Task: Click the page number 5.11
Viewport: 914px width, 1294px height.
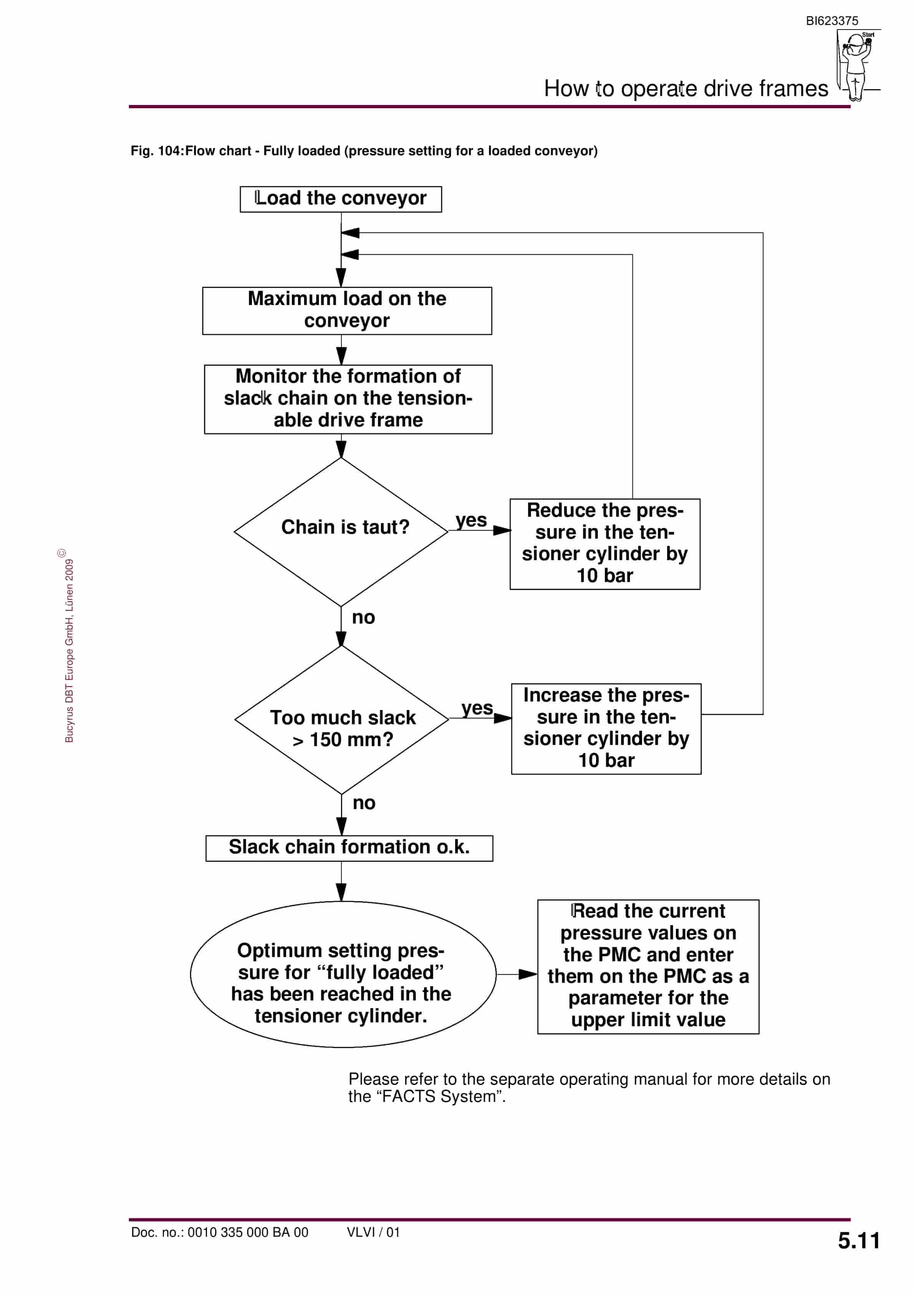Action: tap(858, 1241)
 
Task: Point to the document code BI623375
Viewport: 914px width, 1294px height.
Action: tap(832, 21)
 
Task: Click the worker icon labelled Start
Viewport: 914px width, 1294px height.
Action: tap(857, 65)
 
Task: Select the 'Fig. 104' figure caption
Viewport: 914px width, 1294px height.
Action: tap(364, 151)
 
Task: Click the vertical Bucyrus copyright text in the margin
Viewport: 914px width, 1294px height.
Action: tap(68, 645)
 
